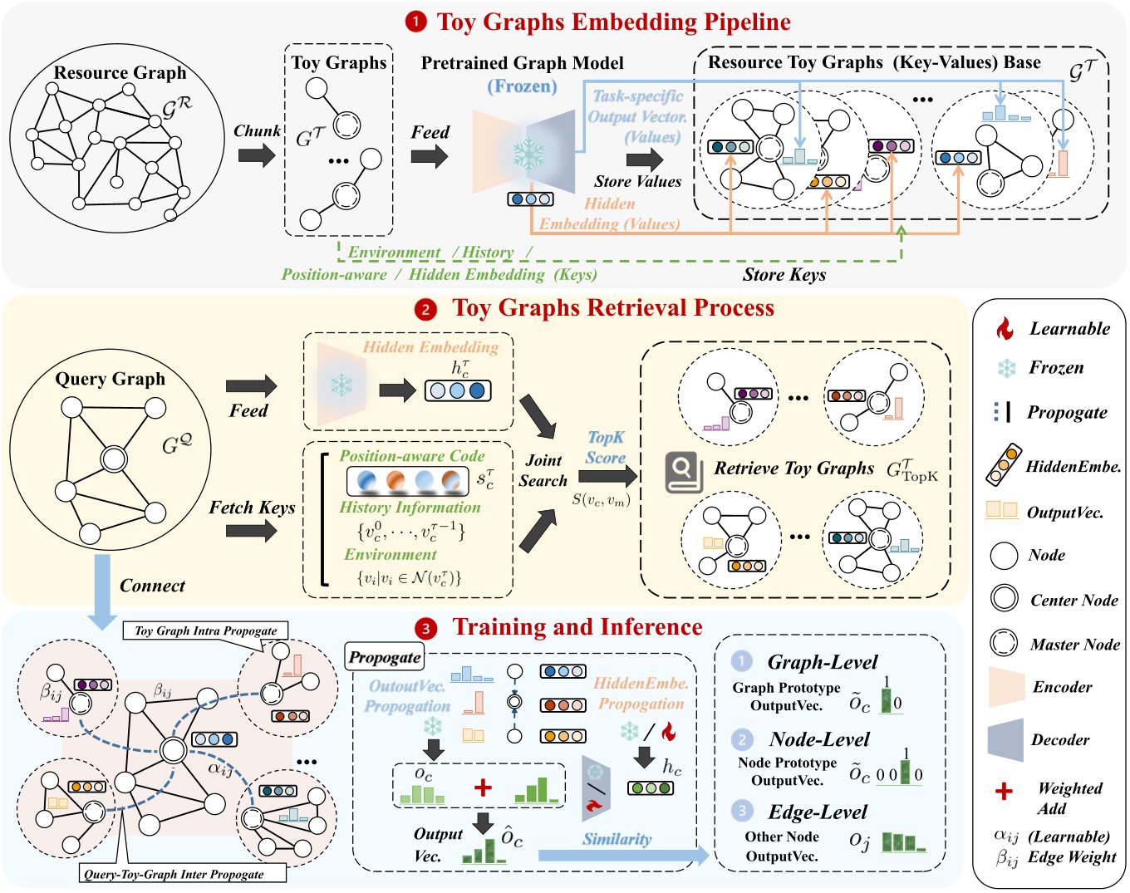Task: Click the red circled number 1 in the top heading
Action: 415,22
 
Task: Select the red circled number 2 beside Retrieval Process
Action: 425,310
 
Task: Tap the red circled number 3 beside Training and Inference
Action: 425,629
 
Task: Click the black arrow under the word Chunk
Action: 256,155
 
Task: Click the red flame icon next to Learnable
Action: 1005,329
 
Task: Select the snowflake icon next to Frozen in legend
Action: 1006,368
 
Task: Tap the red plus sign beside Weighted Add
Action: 1004,791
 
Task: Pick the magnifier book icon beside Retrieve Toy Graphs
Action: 683,471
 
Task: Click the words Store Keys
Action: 784,274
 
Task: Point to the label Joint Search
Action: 543,470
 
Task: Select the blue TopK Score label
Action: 605,447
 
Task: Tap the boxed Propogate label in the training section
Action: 384,657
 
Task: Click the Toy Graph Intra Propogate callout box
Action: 205,630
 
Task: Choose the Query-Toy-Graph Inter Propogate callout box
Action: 183,873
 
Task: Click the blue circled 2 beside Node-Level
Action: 741,738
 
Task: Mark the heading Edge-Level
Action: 817,812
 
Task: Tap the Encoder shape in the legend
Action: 1006,687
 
